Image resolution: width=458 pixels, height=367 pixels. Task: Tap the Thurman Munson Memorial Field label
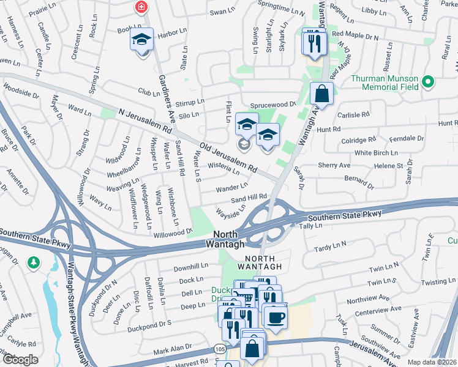click(x=385, y=83)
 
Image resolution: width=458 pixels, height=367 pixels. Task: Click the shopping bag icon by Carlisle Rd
click(x=321, y=95)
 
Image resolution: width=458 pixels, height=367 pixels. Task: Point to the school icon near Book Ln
click(x=141, y=41)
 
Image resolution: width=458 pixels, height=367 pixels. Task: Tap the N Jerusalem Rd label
click(x=145, y=120)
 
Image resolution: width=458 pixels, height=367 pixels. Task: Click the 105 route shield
click(x=220, y=348)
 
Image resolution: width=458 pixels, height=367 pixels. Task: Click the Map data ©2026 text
click(x=432, y=362)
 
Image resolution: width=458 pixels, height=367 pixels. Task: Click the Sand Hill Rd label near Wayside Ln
click(x=249, y=197)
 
